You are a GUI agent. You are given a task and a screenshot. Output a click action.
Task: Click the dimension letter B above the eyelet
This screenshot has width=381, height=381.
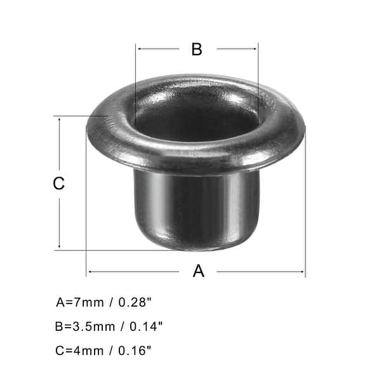point(197,50)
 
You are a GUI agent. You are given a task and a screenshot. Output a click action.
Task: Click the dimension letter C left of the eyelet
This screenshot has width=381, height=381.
point(58,184)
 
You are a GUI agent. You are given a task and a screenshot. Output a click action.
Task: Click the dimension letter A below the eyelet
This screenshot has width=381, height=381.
point(199,271)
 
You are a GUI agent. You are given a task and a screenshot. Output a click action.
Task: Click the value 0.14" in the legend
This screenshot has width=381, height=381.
point(147,326)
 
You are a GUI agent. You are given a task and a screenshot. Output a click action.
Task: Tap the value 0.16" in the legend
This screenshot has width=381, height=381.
point(136,350)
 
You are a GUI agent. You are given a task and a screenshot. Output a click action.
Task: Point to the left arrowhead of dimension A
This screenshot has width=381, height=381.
point(90,272)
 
